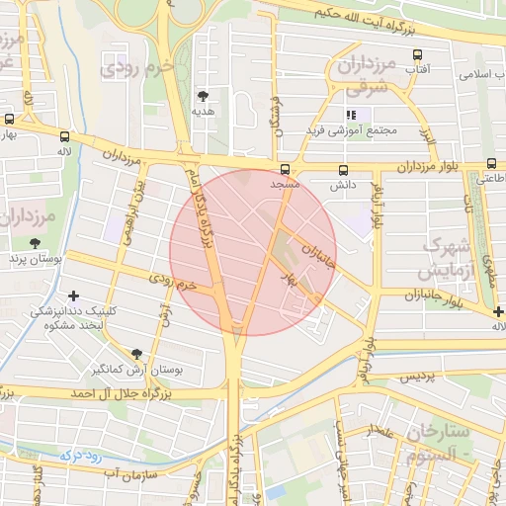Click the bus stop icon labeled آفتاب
417,55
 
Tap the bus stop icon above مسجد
285,170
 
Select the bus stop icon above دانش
343,170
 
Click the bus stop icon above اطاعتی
491,164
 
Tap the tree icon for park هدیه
203,96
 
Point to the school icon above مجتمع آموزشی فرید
352,115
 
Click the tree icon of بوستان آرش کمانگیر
136,353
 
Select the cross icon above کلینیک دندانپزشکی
73,295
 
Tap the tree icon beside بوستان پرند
36,243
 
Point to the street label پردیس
416,378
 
